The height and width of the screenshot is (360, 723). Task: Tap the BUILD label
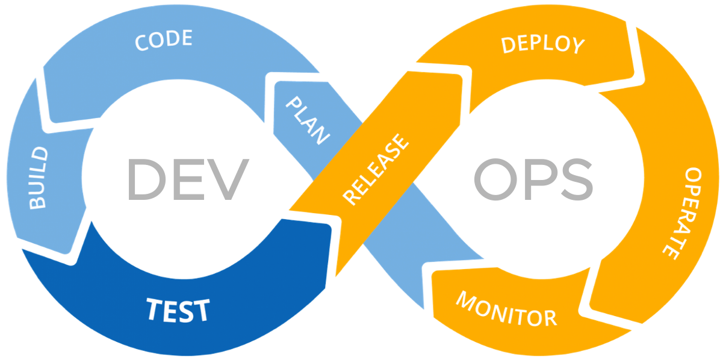coord(38,178)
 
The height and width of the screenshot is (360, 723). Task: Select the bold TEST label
coord(178,310)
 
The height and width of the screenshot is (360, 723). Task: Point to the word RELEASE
coord(376,170)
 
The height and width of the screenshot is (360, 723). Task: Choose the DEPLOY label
coord(543,44)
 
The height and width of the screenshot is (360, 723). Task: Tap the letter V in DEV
coord(226,179)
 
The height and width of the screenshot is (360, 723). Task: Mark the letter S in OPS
coord(573,179)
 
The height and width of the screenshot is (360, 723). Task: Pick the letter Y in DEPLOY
coord(577,46)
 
